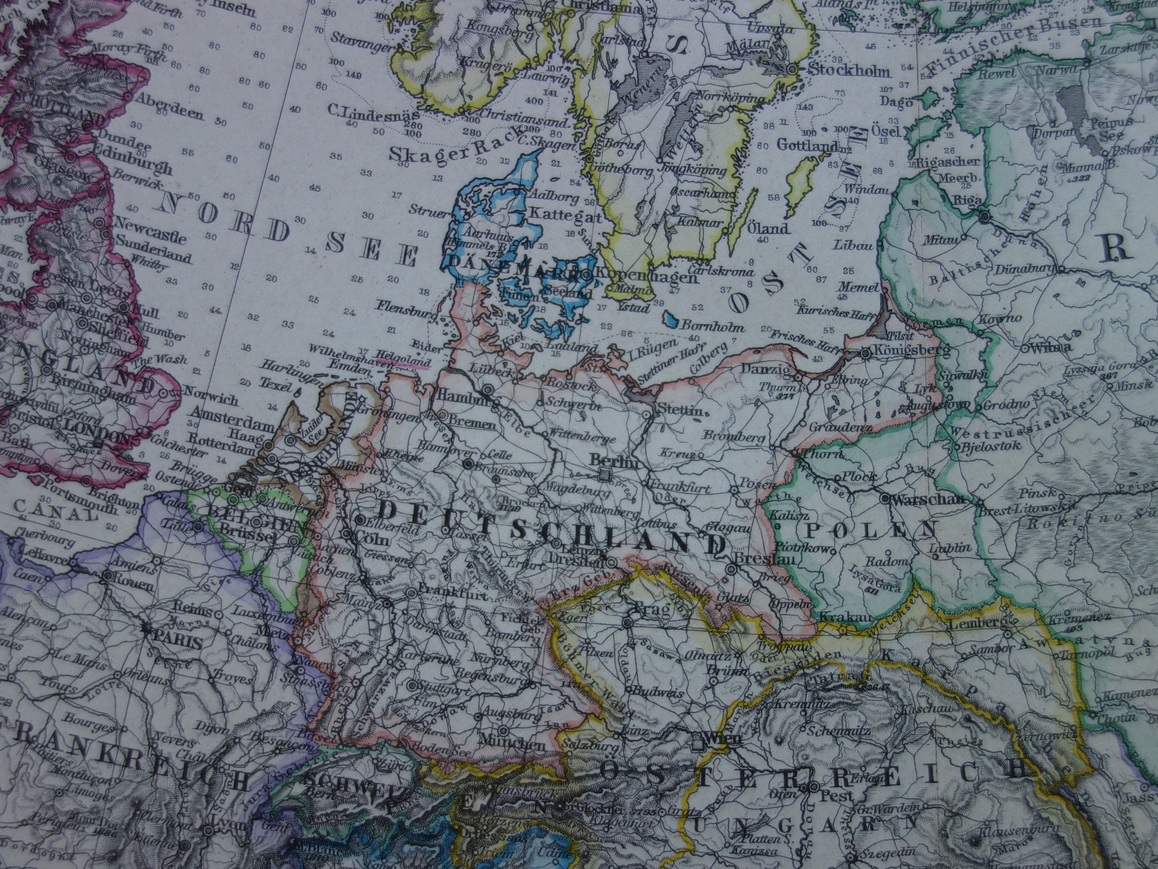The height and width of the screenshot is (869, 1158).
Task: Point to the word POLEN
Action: (869, 530)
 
